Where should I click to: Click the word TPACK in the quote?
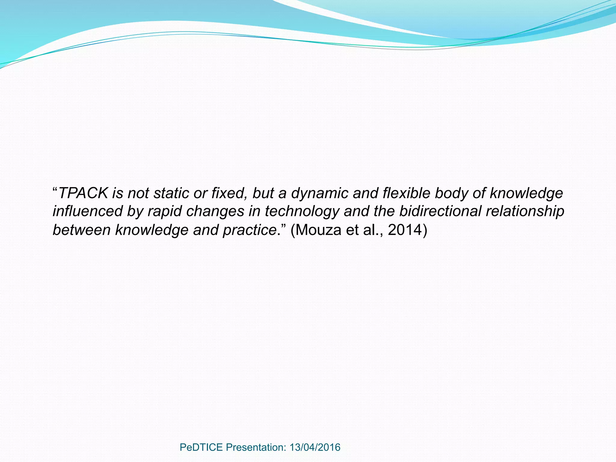[x=83, y=193]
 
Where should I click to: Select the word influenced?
[x=88, y=211]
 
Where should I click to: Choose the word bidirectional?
[x=440, y=211]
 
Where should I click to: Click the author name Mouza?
[x=319, y=230]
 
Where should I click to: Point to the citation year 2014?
[x=405, y=230]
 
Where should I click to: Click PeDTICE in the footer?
[x=201, y=447]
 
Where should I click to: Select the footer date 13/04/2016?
[x=315, y=447]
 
